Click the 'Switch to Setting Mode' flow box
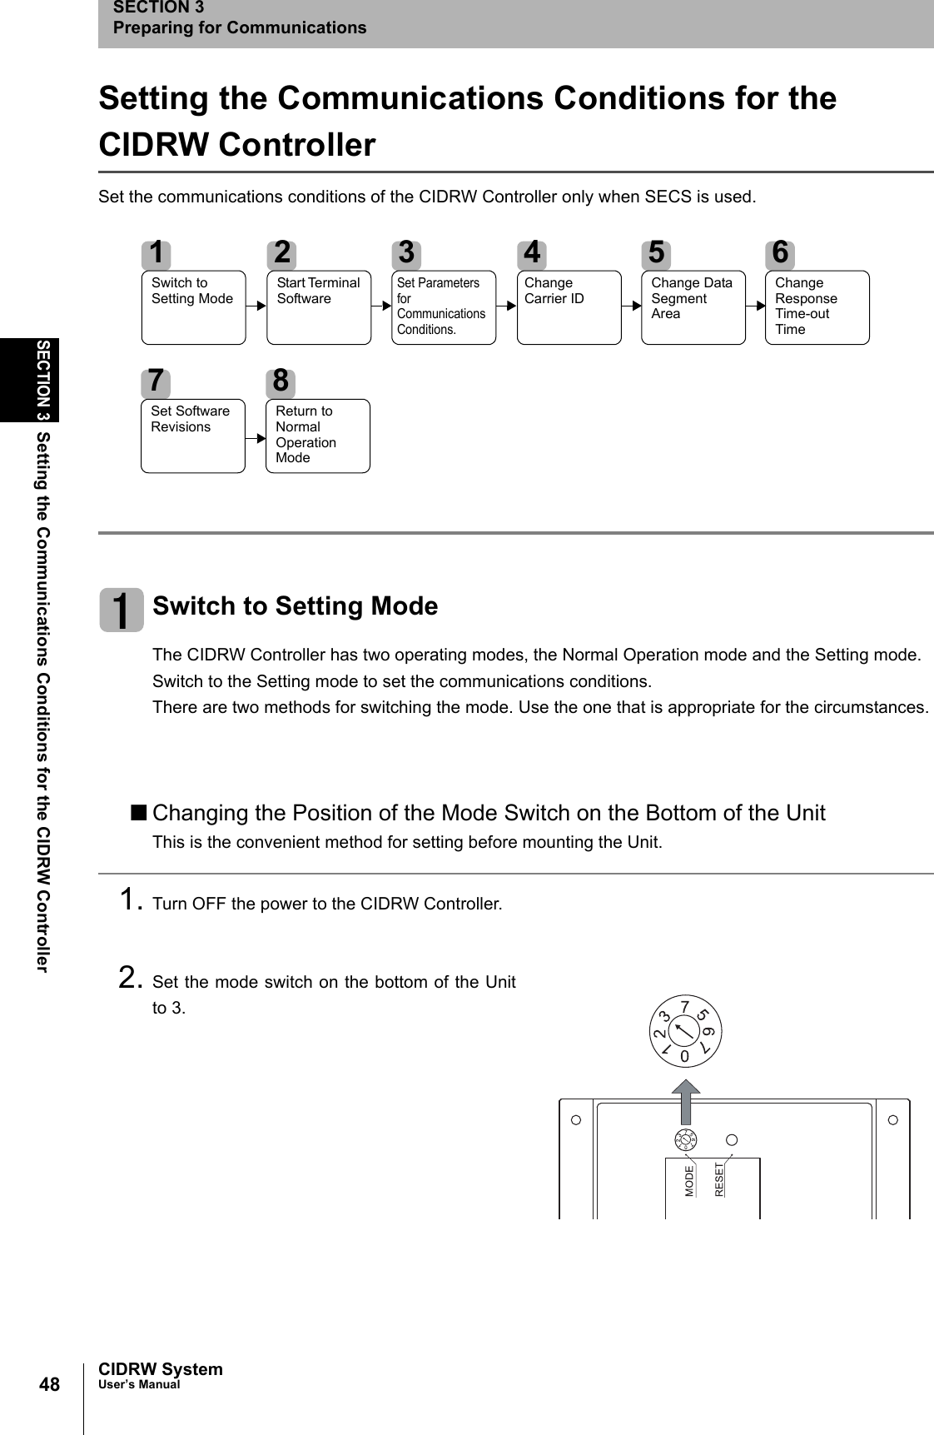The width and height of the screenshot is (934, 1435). click(x=193, y=307)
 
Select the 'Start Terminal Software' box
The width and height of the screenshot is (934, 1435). click(x=319, y=307)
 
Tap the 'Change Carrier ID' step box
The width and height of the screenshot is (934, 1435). click(x=569, y=307)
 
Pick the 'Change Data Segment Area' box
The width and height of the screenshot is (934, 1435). click(x=693, y=307)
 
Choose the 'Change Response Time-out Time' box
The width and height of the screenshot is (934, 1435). click(x=817, y=307)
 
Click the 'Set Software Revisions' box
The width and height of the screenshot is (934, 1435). click(x=193, y=436)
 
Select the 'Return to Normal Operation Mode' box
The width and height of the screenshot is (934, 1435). click(x=317, y=436)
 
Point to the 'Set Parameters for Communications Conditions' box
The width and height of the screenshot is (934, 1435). click(x=444, y=307)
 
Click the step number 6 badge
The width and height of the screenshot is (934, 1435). click(x=780, y=252)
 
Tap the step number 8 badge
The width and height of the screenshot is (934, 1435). click(x=281, y=381)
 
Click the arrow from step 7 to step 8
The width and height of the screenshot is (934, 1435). click(x=256, y=436)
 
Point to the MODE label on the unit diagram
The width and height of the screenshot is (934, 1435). click(x=689, y=1181)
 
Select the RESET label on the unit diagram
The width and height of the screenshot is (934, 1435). click(x=720, y=1179)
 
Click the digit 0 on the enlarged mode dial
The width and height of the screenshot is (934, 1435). click(x=684, y=1056)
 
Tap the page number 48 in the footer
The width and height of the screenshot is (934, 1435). click(x=50, y=1385)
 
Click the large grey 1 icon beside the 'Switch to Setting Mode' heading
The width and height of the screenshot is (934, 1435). click(x=122, y=610)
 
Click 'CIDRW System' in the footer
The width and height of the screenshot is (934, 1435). click(x=161, y=1369)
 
